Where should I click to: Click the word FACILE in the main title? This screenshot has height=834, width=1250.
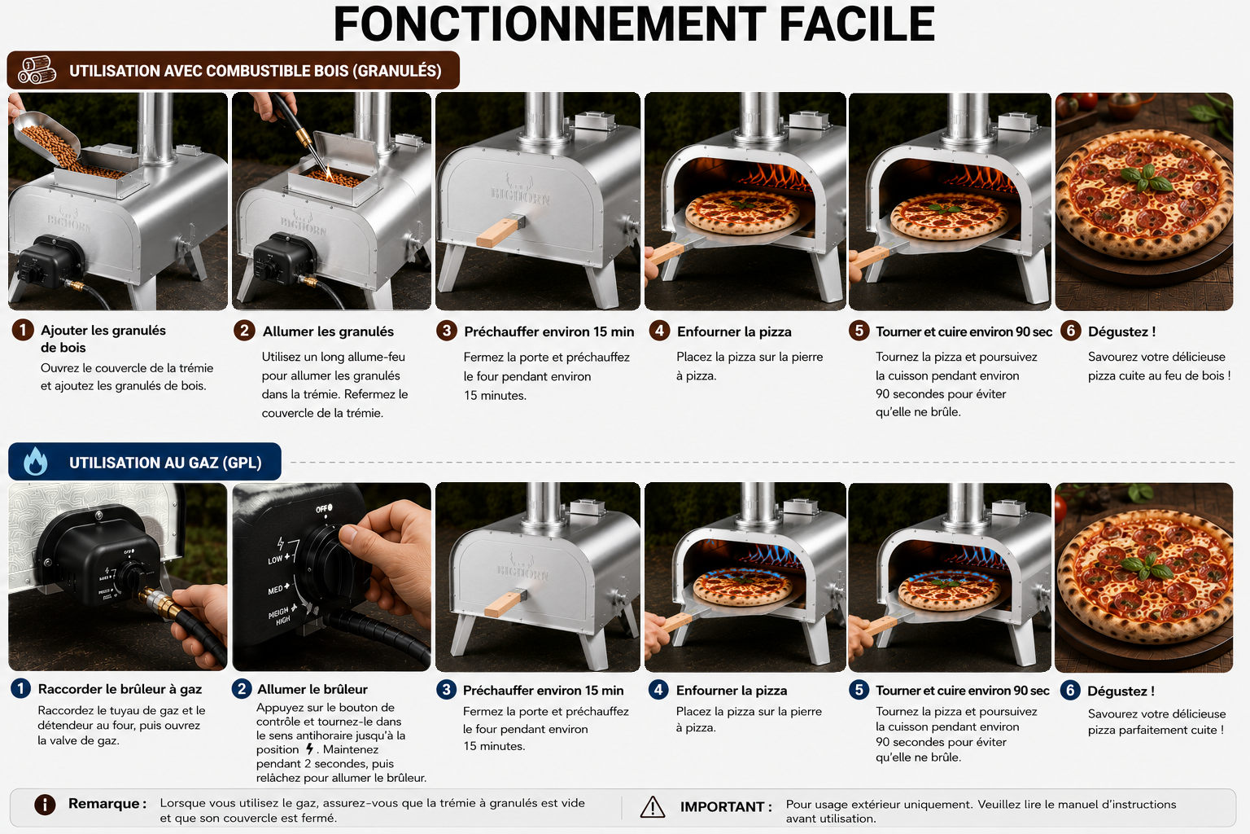coord(857,24)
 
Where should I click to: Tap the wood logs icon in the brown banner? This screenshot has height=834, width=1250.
coord(37,70)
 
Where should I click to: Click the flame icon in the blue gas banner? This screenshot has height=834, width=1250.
coord(35,462)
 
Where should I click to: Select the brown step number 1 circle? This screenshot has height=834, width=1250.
coord(23,330)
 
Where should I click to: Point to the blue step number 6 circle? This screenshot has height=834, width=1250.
coord(1070,691)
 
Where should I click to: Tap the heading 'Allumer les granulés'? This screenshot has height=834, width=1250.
coord(328,331)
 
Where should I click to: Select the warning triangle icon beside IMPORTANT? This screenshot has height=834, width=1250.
coord(653,807)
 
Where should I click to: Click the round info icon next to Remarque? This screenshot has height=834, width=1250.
coord(45,805)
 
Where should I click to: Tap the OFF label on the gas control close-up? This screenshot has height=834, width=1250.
coord(324,508)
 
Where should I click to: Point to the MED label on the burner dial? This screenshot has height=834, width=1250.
coord(278,589)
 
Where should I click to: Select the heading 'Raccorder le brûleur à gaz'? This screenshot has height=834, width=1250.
coord(120,689)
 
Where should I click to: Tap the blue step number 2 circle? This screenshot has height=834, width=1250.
coord(242,689)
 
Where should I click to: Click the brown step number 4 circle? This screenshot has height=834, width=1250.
coord(659,331)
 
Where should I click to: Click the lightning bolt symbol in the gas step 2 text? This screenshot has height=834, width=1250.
coord(310,749)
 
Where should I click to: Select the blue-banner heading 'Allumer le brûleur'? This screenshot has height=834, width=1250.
coord(312,689)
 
